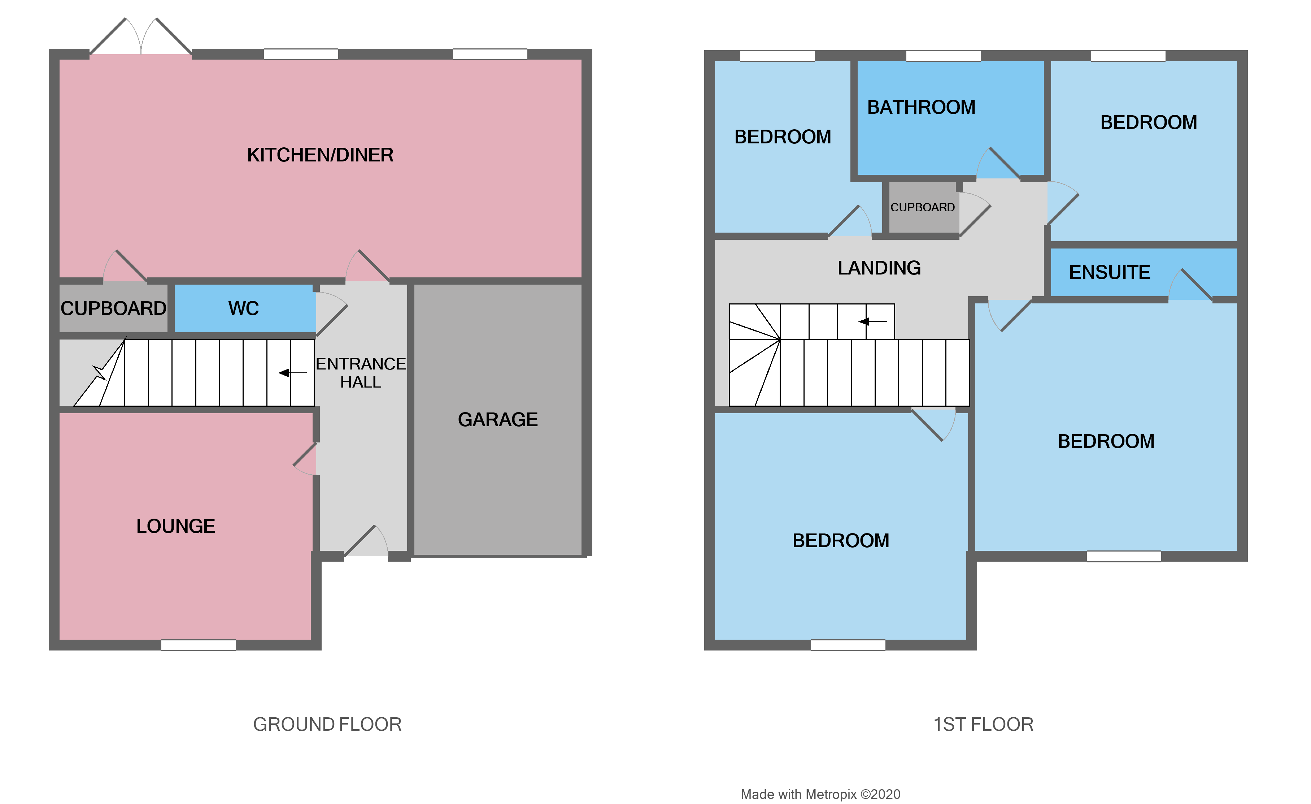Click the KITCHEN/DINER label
[320, 155]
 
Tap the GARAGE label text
[497, 420]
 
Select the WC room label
[243, 308]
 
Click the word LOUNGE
[175, 526]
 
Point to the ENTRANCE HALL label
[360, 373]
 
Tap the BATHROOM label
[921, 107]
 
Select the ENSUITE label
[1109, 272]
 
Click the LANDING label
[879, 268]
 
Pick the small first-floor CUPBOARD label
[922, 207]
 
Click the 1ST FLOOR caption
[983, 724]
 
